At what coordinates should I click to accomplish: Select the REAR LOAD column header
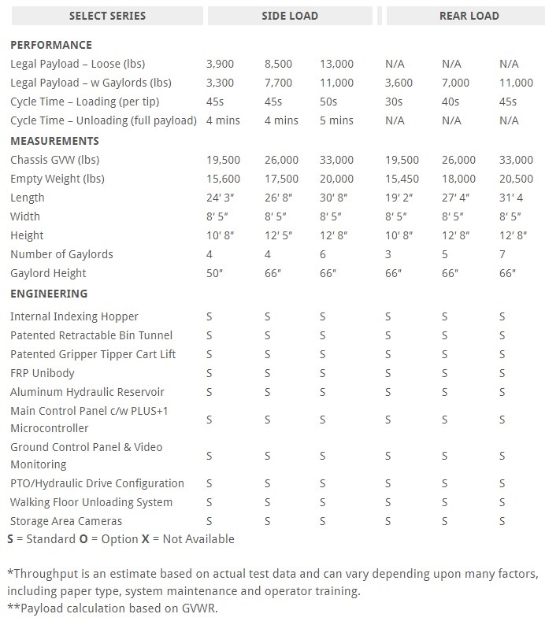pyautogui.click(x=469, y=16)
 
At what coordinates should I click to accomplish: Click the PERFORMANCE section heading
pyautogui.click(x=50, y=45)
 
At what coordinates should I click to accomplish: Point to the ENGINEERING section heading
pyautogui.click(x=49, y=294)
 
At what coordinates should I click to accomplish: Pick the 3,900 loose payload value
pyautogui.click(x=220, y=64)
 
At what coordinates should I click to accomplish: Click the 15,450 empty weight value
pyautogui.click(x=402, y=179)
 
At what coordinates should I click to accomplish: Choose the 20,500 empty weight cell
pyautogui.click(x=516, y=179)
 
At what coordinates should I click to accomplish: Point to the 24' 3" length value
pyautogui.click(x=219, y=198)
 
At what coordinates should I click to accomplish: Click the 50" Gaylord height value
pyautogui.click(x=214, y=273)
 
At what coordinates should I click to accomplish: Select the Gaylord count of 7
pyautogui.click(x=502, y=254)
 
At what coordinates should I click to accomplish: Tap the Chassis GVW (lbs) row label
pyautogui.click(x=55, y=160)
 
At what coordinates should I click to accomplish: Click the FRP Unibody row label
pyautogui.click(x=43, y=373)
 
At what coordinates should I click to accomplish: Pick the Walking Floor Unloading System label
pyautogui.click(x=91, y=502)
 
